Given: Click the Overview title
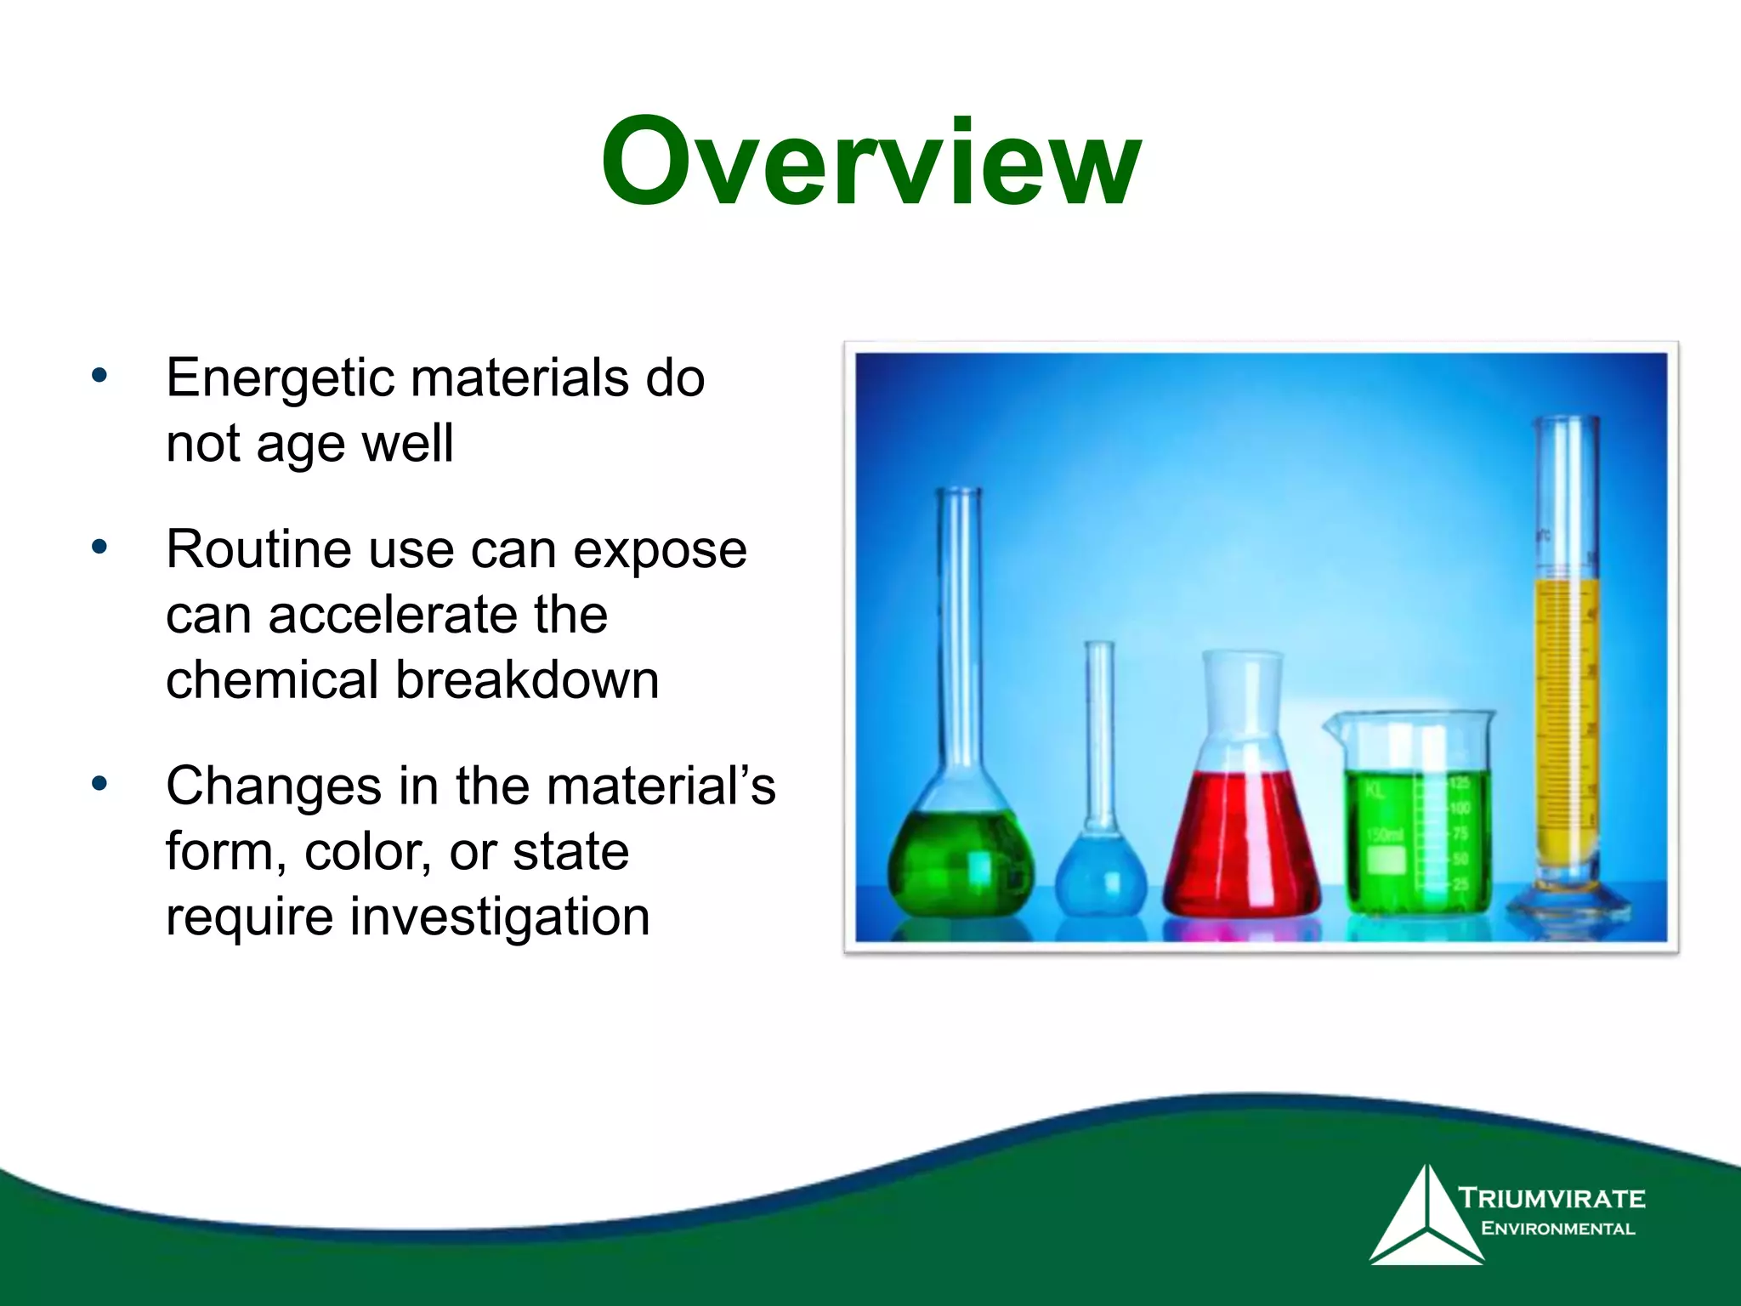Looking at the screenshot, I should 870,163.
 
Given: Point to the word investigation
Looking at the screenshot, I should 500,917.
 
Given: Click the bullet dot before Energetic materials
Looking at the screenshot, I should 99,375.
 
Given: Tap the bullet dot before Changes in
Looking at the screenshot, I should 99,783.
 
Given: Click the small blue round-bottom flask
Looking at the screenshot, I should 1100,876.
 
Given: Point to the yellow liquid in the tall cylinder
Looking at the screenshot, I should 1566,723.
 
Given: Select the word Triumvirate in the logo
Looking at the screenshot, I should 1552,1199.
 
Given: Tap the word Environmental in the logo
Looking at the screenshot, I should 1557,1229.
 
